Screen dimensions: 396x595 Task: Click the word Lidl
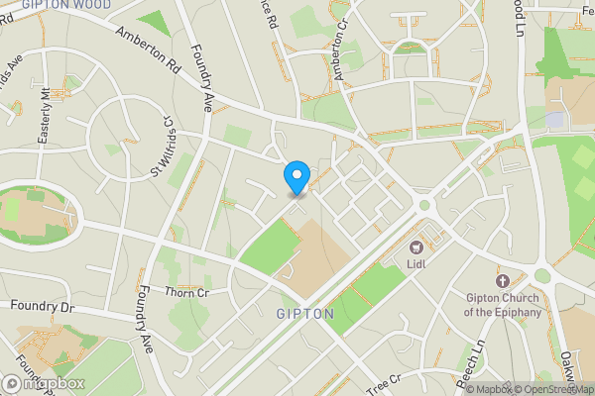pos(417,264)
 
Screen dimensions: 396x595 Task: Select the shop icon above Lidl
pos(416,247)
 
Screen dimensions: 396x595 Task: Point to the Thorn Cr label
pos(187,292)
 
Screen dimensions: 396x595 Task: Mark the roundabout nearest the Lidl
pos(425,206)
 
